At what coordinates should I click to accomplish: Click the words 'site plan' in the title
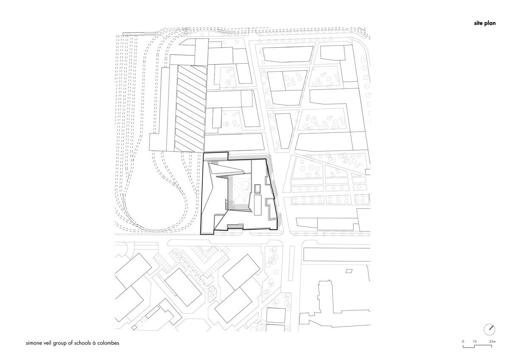point(484,23)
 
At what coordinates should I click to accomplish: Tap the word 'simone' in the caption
point(34,343)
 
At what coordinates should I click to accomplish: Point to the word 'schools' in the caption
point(82,343)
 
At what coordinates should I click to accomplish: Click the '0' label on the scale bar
point(463,341)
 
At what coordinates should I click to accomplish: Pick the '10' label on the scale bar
point(474,341)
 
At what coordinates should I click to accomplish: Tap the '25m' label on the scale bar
point(492,341)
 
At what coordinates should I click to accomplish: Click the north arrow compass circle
point(489,329)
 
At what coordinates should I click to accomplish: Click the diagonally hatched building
point(190,109)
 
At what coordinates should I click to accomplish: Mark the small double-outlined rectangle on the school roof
point(257,189)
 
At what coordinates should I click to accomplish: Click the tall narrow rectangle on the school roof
point(257,205)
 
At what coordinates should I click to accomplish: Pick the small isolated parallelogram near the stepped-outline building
point(349,271)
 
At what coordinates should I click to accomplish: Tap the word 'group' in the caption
point(59,343)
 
